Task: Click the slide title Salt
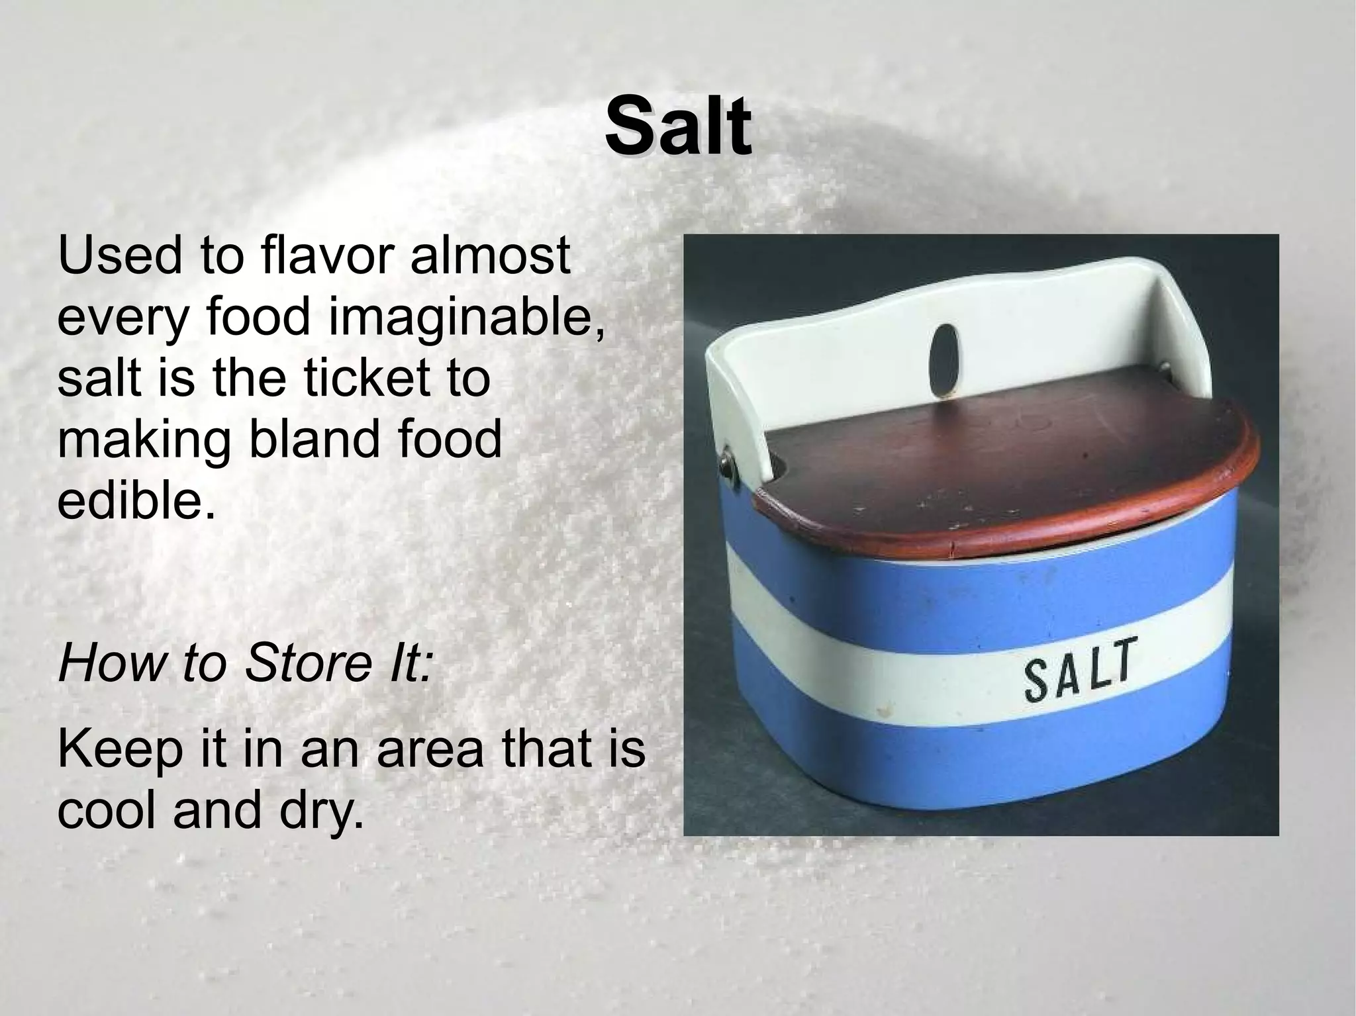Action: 678,126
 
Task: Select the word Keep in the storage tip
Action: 119,749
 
